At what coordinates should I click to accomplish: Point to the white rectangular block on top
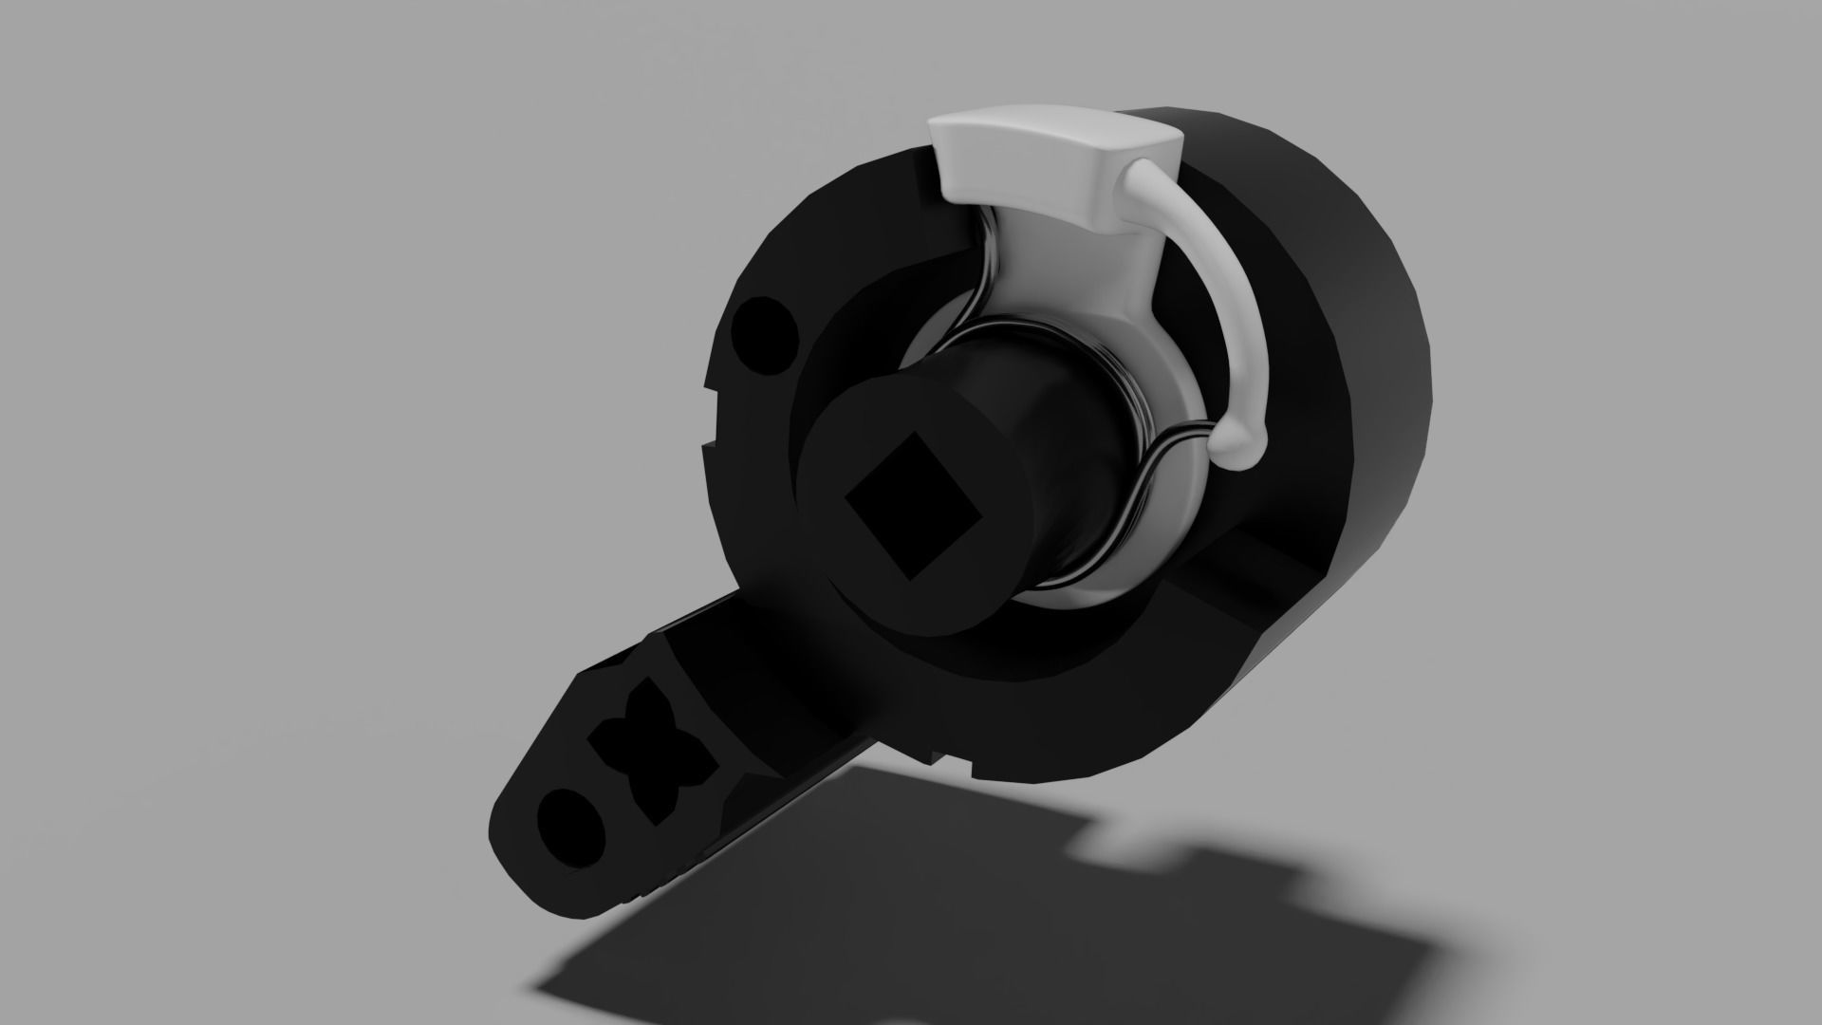(x=1053, y=157)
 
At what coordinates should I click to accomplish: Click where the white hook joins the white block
(x=1139, y=180)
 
